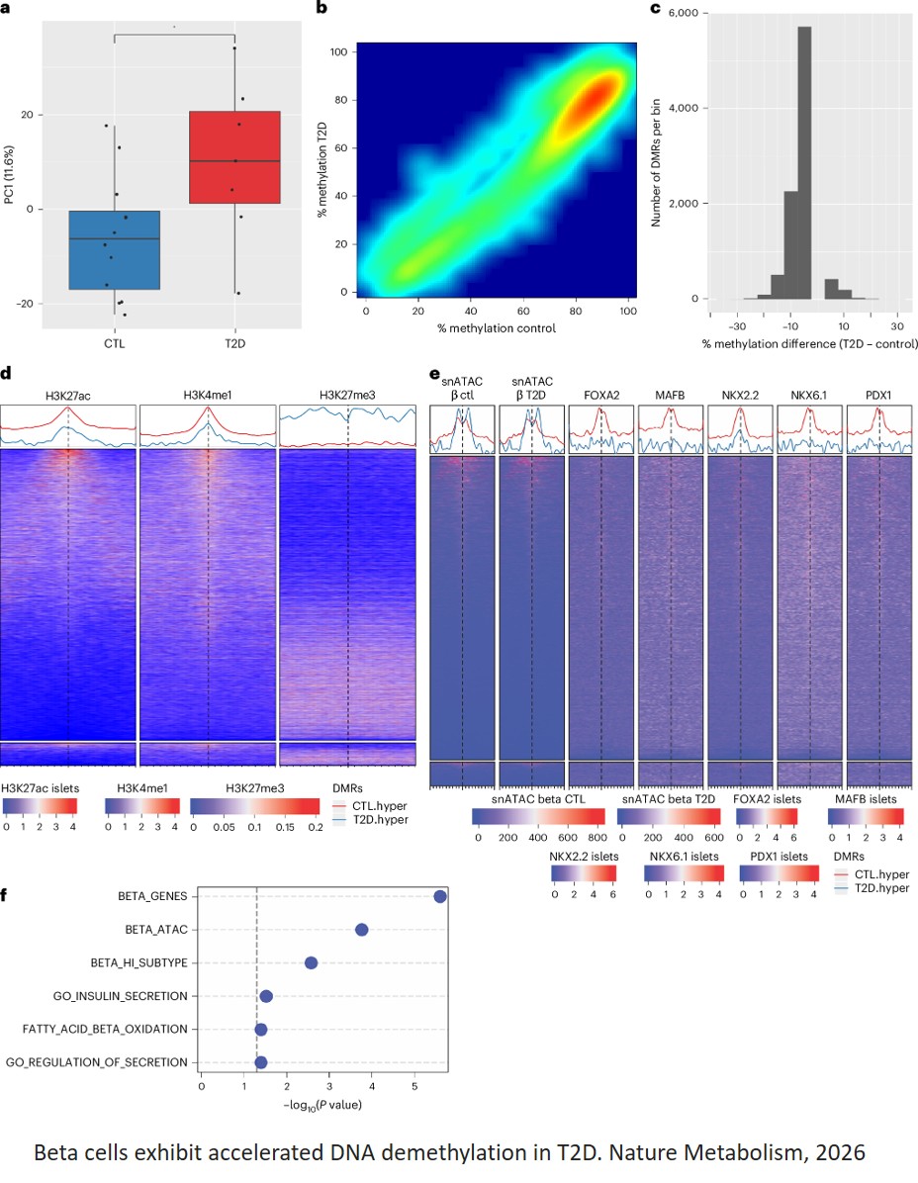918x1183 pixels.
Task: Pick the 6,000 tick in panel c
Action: coord(684,13)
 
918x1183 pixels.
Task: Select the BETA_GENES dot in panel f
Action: coord(440,896)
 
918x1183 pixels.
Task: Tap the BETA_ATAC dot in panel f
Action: coord(362,930)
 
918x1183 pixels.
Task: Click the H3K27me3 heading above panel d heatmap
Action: coord(347,396)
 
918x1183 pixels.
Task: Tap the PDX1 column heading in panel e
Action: coord(879,396)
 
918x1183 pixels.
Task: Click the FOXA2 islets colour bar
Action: coord(766,816)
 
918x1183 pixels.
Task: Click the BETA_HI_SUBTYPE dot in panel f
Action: coord(311,963)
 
